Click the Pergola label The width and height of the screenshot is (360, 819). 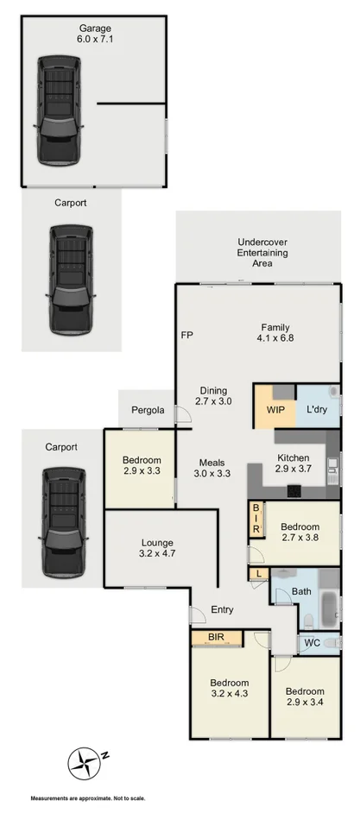[148, 410]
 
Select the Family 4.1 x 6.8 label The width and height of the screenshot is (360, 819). [275, 333]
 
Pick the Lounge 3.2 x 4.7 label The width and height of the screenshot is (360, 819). [158, 549]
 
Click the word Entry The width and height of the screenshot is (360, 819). [222, 610]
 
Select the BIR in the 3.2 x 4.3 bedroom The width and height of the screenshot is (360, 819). [217, 639]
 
